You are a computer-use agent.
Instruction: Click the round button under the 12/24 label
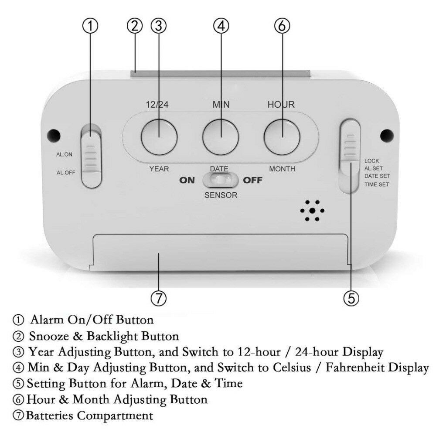click(x=159, y=137)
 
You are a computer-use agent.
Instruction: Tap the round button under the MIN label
click(x=221, y=137)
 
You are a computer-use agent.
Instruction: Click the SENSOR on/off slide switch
click(x=221, y=180)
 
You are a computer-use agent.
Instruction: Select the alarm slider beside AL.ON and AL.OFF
click(x=91, y=156)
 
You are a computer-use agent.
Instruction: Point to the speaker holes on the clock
click(x=312, y=211)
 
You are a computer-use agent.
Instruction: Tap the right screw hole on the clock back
click(x=387, y=135)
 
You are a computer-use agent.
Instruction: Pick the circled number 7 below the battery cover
click(x=159, y=299)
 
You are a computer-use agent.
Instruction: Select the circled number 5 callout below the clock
click(x=351, y=299)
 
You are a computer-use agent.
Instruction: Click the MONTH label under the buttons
click(x=282, y=169)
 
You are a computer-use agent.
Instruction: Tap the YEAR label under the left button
click(x=159, y=169)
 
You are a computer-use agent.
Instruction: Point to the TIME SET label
click(x=377, y=184)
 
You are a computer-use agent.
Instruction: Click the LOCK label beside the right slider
click(x=372, y=161)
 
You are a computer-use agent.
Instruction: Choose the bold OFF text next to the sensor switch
click(x=253, y=181)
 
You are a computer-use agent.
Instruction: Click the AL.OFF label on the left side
click(x=66, y=173)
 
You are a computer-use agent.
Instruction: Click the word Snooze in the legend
click(x=49, y=337)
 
